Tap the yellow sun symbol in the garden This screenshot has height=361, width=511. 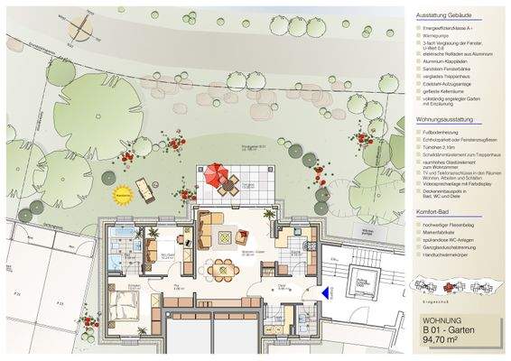(122, 191)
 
